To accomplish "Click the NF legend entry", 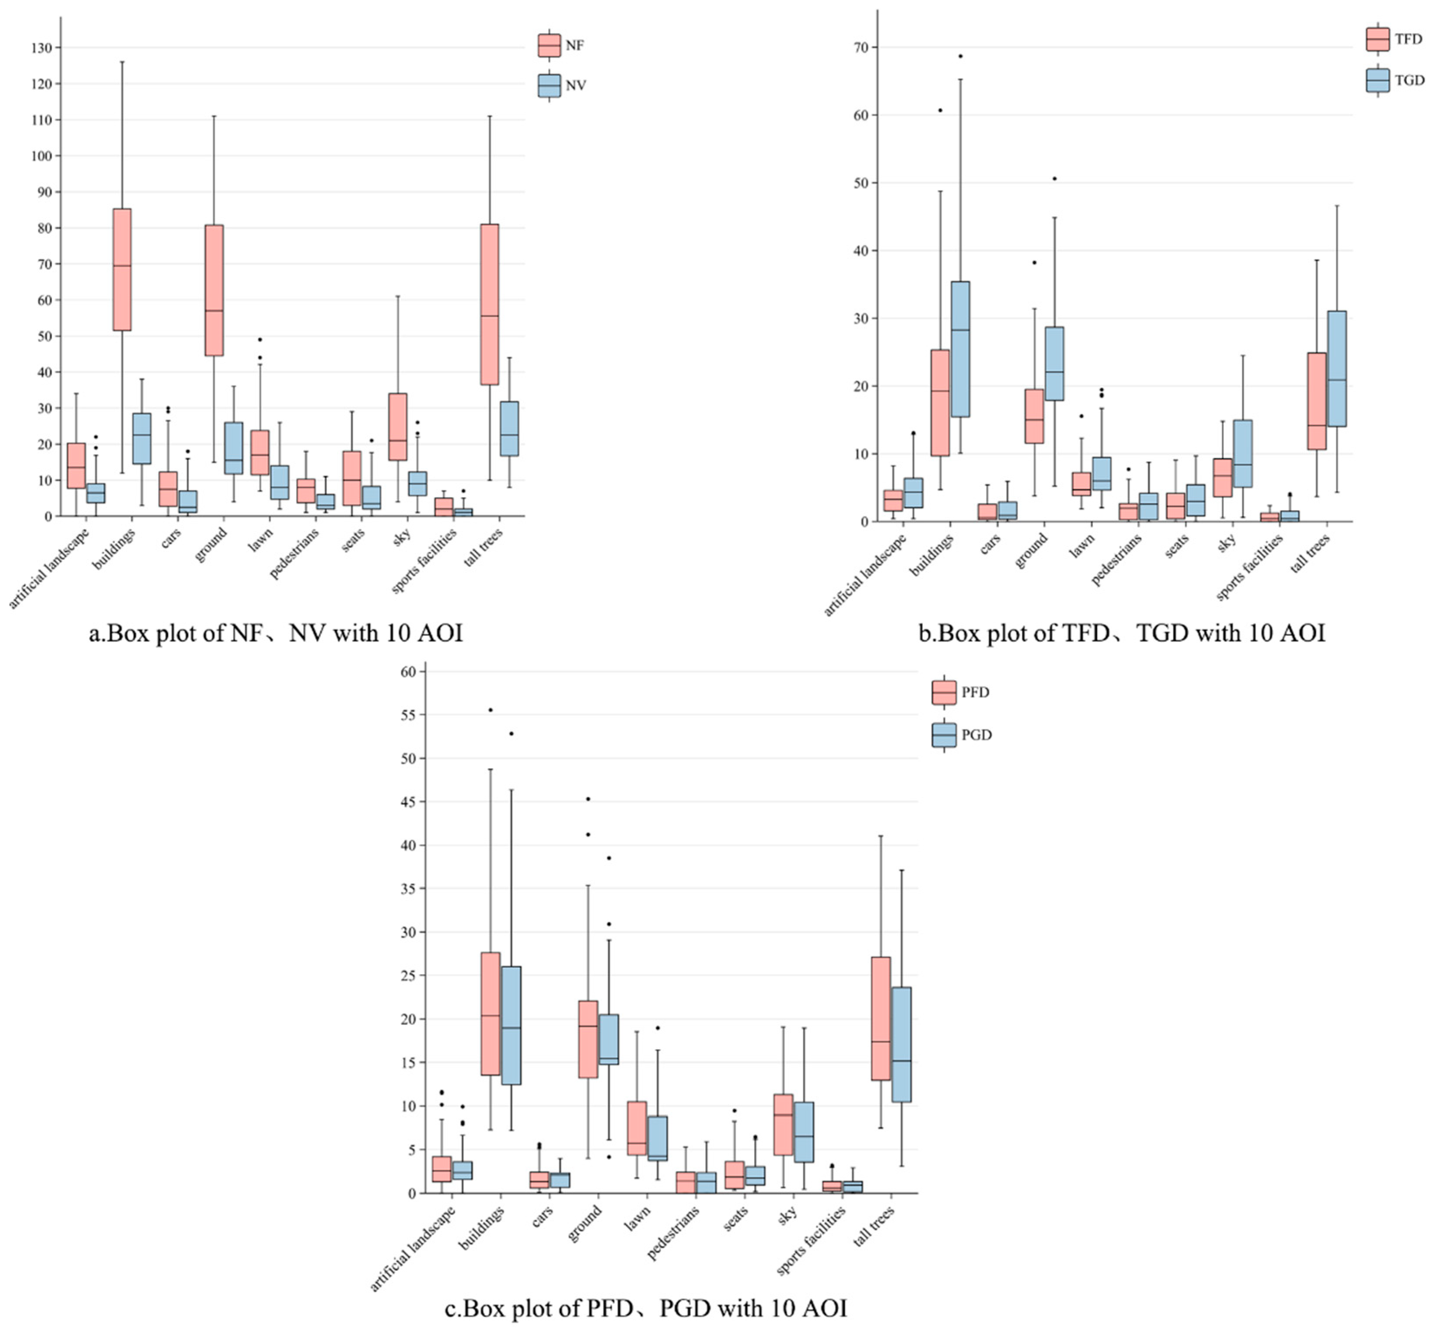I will pyautogui.click(x=561, y=45).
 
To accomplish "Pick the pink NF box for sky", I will pyautogui.click(x=398, y=426).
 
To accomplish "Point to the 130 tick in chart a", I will pyautogui.click(x=42, y=48).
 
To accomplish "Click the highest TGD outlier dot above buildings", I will pyautogui.click(x=960, y=56).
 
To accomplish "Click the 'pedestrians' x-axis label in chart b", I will pyautogui.click(x=1116, y=561).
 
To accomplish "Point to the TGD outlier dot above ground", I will pyautogui.click(x=1055, y=178).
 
